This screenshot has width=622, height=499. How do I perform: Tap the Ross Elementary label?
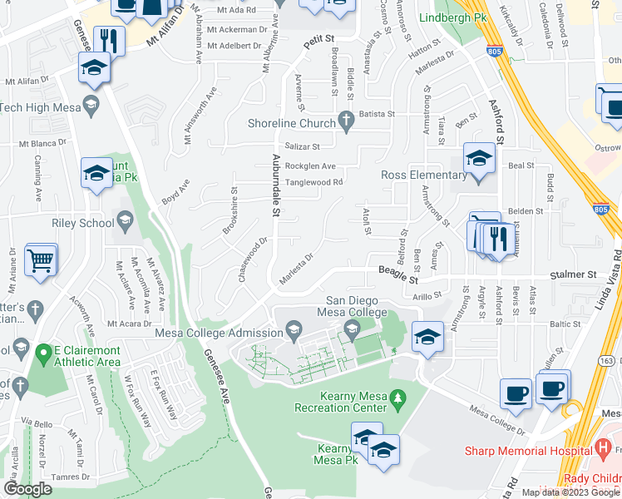[423, 175]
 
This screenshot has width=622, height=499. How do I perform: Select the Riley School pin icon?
[126, 223]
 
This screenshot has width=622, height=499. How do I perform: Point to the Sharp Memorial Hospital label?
[532, 451]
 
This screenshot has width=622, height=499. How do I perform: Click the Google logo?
[27, 489]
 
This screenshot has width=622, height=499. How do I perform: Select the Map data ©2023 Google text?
[571, 492]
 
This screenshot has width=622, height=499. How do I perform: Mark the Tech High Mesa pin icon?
[91, 106]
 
